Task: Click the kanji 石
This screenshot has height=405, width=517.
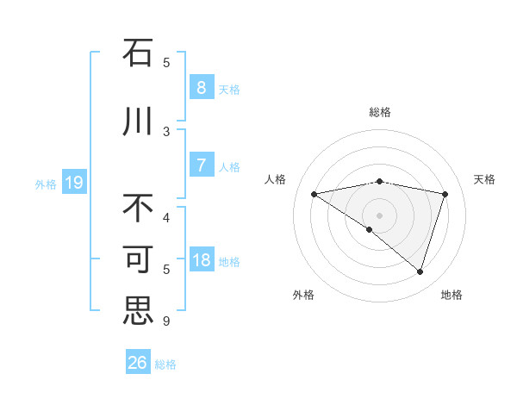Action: (x=138, y=53)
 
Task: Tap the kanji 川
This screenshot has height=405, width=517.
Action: (x=138, y=121)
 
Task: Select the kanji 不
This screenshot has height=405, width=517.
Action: (x=138, y=209)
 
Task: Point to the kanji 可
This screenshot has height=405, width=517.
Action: (x=138, y=260)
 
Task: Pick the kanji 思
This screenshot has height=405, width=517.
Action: (x=138, y=311)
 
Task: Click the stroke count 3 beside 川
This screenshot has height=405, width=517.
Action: (x=166, y=131)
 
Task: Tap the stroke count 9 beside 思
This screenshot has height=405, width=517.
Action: (x=166, y=321)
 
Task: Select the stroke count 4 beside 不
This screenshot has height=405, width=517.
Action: (x=166, y=217)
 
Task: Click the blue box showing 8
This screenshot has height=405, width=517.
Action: (x=201, y=88)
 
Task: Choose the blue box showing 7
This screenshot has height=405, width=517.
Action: (x=201, y=165)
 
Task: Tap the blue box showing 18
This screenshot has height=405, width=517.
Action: (x=201, y=261)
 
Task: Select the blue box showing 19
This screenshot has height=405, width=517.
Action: (x=74, y=183)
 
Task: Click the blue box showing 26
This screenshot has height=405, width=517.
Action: (x=138, y=363)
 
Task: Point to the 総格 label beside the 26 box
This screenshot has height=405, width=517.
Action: (x=165, y=364)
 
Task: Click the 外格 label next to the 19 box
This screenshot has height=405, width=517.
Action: (x=46, y=184)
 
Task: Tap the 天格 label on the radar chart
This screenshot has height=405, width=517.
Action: (x=484, y=179)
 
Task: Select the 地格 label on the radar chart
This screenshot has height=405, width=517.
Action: (x=452, y=295)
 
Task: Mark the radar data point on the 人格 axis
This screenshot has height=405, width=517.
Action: (x=314, y=194)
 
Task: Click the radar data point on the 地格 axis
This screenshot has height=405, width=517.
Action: (x=420, y=271)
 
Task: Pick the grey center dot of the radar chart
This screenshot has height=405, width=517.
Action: (x=379, y=214)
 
